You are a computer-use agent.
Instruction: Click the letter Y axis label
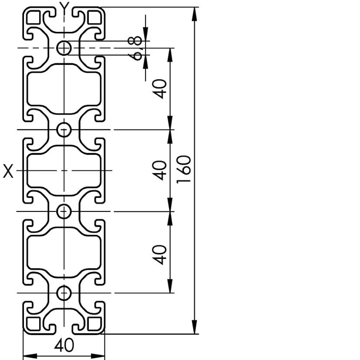[x=64, y=6]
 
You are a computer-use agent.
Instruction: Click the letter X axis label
[x=8, y=171]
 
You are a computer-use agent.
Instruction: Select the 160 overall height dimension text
[x=184, y=170]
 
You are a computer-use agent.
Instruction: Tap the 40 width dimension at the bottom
[x=64, y=345]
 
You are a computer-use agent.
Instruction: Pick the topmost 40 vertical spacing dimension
[x=160, y=89]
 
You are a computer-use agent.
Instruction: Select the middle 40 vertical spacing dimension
[x=160, y=170]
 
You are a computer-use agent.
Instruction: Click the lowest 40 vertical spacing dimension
[x=160, y=255]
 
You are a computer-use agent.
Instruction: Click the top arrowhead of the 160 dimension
[x=195, y=14]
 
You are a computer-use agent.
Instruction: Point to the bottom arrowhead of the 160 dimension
[x=195, y=327]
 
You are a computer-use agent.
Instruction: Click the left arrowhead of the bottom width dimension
[x=30, y=356]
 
